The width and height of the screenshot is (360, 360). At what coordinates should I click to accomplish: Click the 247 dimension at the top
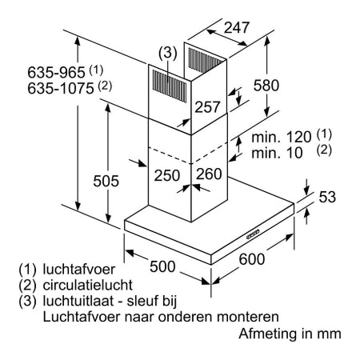[x=236, y=27]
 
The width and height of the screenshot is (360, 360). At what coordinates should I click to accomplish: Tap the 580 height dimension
[x=266, y=86]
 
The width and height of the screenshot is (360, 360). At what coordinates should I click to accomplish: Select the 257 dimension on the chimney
[x=207, y=107]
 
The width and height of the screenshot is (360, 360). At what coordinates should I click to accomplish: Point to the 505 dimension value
[x=106, y=181]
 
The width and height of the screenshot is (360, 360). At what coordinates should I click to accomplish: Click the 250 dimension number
[x=167, y=175]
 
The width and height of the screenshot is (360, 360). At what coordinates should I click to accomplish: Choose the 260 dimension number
[x=209, y=174]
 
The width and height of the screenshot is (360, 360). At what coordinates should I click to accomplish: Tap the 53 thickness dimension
[x=327, y=197]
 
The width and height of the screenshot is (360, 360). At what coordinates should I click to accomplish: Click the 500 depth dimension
[x=162, y=266]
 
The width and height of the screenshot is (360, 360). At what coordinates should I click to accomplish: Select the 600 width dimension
[x=252, y=259]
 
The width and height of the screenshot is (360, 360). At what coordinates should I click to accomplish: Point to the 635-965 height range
[x=56, y=72]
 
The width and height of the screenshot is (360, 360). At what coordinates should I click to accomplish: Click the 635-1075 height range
[x=61, y=88]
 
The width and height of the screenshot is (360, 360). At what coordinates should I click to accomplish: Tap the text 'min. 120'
[x=282, y=137]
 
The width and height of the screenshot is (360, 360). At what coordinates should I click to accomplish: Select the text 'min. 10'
[x=277, y=153]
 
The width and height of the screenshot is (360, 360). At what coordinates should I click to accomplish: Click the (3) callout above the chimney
[x=168, y=53]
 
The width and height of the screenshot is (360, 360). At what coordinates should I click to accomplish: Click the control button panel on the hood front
[x=253, y=234]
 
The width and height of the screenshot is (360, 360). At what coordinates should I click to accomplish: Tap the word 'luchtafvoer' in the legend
[x=79, y=270]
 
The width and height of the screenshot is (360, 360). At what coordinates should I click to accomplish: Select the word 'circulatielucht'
[x=88, y=285]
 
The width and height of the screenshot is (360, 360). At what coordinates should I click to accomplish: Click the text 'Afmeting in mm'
[x=290, y=334]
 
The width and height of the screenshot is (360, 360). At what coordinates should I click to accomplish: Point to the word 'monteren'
[x=248, y=318]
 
